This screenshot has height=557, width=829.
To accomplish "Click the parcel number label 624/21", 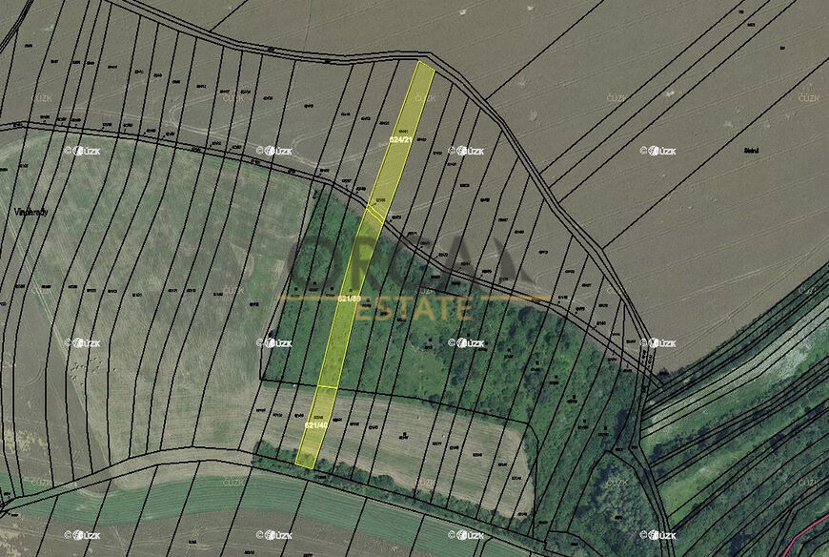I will click(x=402, y=139).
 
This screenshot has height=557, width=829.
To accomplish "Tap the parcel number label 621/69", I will click(x=350, y=299).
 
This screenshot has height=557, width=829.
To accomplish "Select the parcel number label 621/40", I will click(x=316, y=425).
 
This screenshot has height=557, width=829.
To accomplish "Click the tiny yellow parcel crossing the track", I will click(x=374, y=213).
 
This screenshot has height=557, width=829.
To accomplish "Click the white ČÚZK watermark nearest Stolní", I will click(x=658, y=151).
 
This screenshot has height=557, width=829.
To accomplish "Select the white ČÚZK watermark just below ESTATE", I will click(x=467, y=342).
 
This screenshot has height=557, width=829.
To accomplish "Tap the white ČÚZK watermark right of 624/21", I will click(x=467, y=151).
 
